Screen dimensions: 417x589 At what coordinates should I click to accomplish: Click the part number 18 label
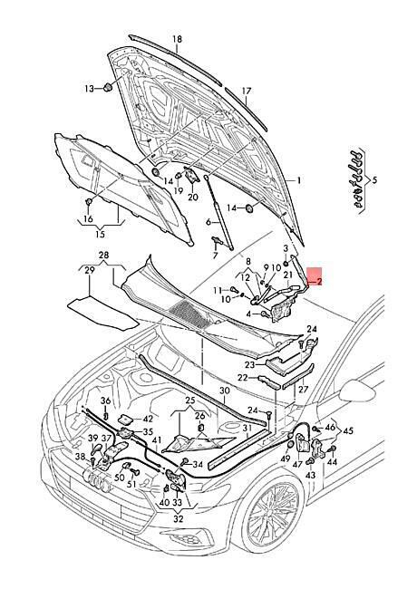(177, 40)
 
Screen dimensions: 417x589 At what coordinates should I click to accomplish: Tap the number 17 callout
(247, 92)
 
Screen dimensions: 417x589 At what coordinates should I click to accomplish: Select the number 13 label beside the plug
(89, 89)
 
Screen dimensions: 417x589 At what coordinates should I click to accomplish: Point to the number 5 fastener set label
(373, 180)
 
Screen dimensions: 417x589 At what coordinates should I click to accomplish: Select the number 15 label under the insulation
(101, 236)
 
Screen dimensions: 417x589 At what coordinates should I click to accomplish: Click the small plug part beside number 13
(108, 87)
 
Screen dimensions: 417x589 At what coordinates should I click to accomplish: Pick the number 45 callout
(348, 430)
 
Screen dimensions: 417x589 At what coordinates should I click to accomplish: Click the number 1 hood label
(299, 181)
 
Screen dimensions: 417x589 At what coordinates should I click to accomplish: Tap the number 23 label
(250, 365)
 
